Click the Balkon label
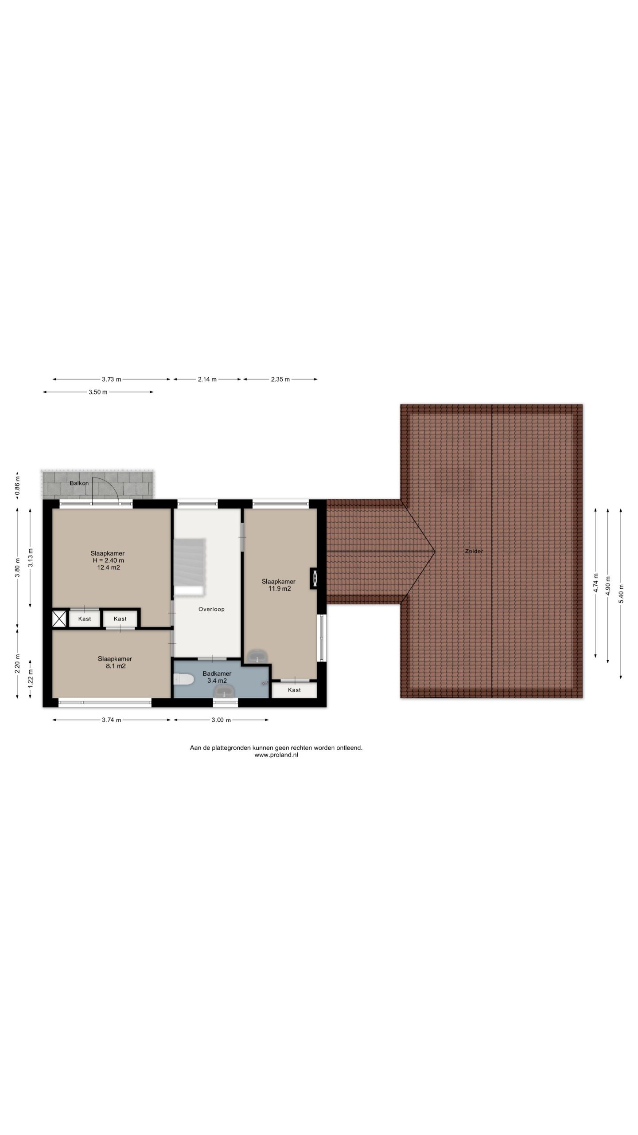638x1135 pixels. (x=79, y=483)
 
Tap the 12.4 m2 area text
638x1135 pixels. (x=109, y=567)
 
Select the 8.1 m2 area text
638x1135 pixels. (x=115, y=666)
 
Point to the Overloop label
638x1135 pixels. (x=211, y=609)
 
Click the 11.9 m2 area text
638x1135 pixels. (x=280, y=589)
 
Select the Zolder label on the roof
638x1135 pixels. (x=474, y=551)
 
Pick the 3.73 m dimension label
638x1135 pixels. (x=111, y=379)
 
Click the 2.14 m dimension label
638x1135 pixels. (x=207, y=379)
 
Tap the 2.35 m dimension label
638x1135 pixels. (x=280, y=379)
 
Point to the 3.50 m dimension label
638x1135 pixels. (x=98, y=392)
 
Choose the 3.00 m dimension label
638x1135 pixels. (x=221, y=720)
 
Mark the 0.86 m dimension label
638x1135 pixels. (x=17, y=485)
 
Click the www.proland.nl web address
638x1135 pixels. (x=276, y=755)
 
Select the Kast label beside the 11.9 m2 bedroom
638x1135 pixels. (x=294, y=690)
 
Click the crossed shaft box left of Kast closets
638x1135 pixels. (x=59, y=618)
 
